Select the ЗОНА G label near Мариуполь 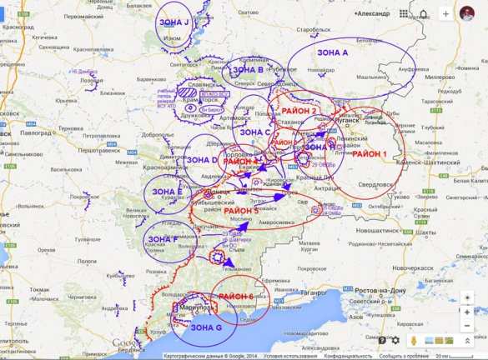pos(206,327)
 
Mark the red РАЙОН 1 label pos(369,154)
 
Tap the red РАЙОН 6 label pos(238,297)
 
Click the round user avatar pos(466,13)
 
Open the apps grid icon pos(404,13)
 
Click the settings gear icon pos(395,340)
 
